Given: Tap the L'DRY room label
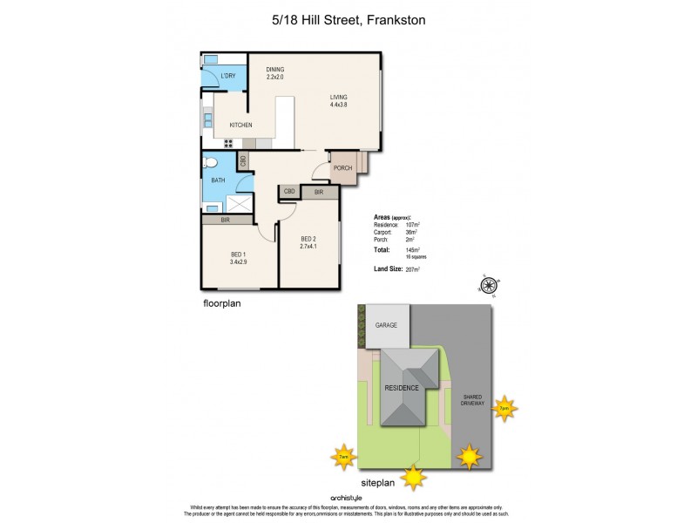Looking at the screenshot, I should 228,77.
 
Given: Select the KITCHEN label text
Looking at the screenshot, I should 240,126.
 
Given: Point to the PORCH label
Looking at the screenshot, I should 342,167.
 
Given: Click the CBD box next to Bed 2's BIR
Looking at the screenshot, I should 289,191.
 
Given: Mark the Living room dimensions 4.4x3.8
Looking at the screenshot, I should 338,105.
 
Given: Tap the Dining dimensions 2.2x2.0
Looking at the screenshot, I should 275,78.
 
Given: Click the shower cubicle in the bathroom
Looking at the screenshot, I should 239,203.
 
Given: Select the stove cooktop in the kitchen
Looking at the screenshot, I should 207,120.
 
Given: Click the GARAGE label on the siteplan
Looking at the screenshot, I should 386,325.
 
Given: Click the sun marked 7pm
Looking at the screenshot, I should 503,407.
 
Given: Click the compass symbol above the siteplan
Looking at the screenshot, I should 490,283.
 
